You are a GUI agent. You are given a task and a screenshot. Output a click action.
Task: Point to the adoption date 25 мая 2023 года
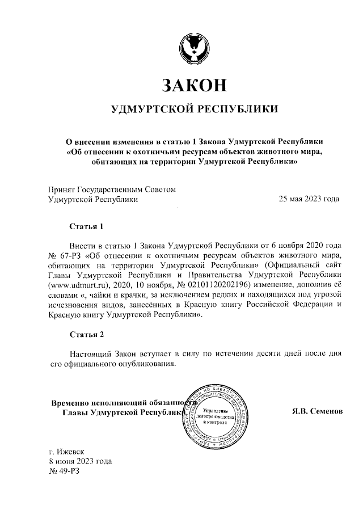pos(309,199)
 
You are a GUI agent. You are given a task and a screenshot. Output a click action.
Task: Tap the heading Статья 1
pos(86,227)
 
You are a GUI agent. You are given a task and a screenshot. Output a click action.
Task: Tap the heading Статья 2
pos(86,334)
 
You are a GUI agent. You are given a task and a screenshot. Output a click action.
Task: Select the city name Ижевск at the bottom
pos(71,452)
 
